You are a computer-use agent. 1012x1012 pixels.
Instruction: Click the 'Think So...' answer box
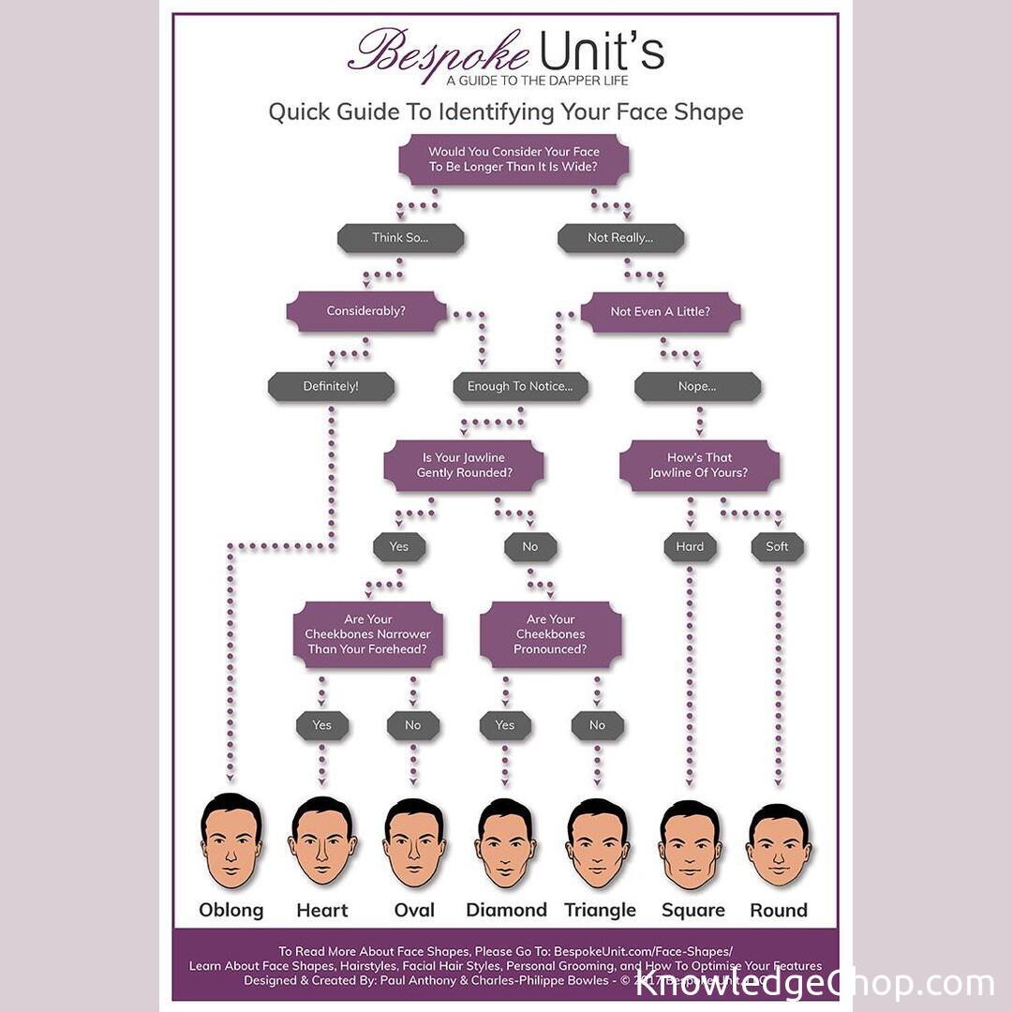(400, 238)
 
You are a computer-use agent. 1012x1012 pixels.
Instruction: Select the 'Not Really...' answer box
(620, 238)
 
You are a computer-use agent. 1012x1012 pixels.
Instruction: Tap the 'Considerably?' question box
(366, 311)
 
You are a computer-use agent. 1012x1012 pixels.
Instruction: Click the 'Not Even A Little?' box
(660, 312)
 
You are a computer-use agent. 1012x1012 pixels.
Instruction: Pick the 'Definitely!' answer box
(331, 386)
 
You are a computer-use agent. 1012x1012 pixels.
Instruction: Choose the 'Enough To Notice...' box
(527, 386)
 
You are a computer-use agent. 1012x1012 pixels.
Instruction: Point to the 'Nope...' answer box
(697, 386)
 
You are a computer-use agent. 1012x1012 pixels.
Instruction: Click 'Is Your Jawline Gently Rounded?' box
(464, 466)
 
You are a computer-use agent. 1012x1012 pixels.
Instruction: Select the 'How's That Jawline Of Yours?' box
(699, 466)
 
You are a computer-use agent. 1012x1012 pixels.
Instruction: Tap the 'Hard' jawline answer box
(690, 547)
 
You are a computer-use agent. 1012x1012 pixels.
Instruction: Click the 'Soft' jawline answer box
(777, 547)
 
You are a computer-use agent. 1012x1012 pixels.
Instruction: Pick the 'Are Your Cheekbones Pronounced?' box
(550, 634)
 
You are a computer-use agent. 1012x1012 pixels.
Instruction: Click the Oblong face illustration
(231, 841)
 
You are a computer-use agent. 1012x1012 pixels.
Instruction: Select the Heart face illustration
(322, 841)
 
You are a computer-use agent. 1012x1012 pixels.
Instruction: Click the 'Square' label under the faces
(692, 910)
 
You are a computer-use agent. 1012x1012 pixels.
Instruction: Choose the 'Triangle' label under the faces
(600, 910)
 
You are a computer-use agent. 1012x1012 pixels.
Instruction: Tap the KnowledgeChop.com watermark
(814, 983)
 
